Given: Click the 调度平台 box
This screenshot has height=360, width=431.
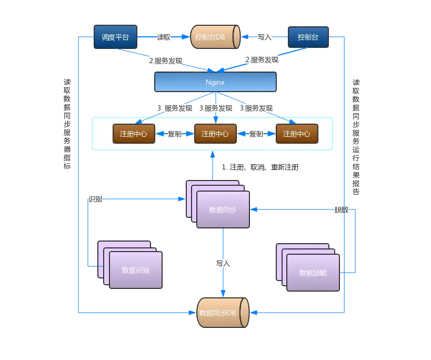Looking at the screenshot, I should pyautogui.click(x=115, y=37).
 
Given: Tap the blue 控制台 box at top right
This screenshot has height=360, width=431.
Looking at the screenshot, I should pyautogui.click(x=308, y=37).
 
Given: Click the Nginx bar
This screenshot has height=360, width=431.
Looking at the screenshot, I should pyautogui.click(x=215, y=82).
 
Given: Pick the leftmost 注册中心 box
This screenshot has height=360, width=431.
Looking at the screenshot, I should pyautogui.click(x=134, y=134).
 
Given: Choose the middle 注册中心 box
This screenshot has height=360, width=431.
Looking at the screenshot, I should pyautogui.click(x=215, y=134).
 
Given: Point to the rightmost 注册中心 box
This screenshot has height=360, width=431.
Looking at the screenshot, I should pyautogui.click(x=297, y=134).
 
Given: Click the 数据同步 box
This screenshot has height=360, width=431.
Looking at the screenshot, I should pyautogui.click(x=223, y=209).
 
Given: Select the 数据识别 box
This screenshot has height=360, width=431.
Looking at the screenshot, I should pyautogui.click(x=136, y=270).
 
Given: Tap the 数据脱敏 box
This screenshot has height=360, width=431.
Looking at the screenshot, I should pyautogui.click(x=313, y=273).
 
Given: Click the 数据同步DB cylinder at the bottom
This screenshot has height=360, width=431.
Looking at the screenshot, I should pyautogui.click(x=222, y=313).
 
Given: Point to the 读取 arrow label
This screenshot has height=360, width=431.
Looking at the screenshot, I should pyautogui.click(x=164, y=37).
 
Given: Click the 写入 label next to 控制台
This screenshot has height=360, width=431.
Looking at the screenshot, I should pyautogui.click(x=264, y=37).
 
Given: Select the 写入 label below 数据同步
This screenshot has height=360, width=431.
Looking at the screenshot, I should pyautogui.click(x=223, y=263).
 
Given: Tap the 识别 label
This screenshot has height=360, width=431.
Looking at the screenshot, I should pyautogui.click(x=95, y=199).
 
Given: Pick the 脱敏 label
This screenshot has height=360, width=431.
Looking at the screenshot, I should pyautogui.click(x=341, y=209).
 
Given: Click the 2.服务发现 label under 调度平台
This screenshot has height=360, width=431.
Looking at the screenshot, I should pyautogui.click(x=166, y=60).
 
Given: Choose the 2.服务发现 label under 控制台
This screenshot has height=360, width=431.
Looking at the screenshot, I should pyautogui.click(x=263, y=60).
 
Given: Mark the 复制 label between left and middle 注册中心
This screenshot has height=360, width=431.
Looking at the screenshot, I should pyautogui.click(x=175, y=134).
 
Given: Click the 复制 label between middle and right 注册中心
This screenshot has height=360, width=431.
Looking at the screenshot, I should pyautogui.click(x=256, y=134).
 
